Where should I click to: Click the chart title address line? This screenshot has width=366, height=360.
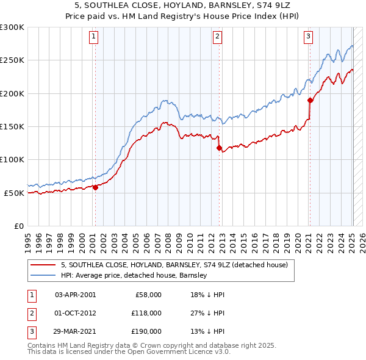coord(184,5)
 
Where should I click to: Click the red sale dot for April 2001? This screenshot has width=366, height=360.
coord(95,188)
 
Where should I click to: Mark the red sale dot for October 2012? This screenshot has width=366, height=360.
coord(218,148)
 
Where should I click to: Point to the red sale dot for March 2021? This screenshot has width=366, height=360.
coord(310,100)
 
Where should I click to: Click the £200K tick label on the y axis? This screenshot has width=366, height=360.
coord(12,93)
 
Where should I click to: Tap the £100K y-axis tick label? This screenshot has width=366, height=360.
coord(12,159)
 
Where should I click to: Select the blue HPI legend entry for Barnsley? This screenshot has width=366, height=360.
coord(134,275)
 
